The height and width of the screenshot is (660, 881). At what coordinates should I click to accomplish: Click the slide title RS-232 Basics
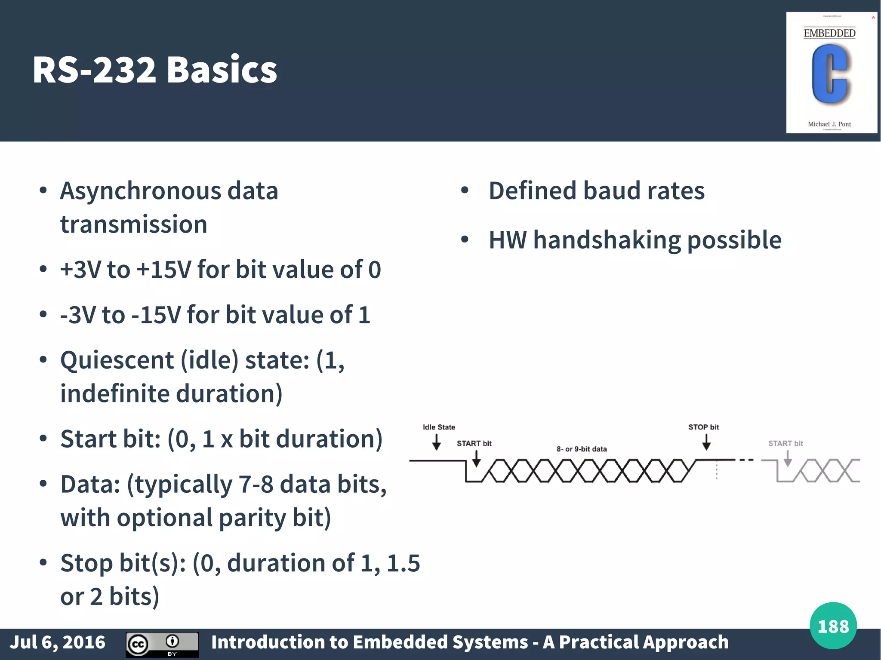pyautogui.click(x=155, y=70)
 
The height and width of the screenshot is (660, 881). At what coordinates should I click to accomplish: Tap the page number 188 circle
pyautogui.click(x=833, y=626)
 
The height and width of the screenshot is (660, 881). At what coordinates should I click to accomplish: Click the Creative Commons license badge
pyautogui.click(x=162, y=644)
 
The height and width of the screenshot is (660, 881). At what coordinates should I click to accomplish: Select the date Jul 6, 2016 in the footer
pyautogui.click(x=58, y=642)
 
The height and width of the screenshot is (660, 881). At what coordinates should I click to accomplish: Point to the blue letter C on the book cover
pyautogui.click(x=829, y=74)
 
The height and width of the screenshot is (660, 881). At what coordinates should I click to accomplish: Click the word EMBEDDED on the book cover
pyautogui.click(x=829, y=34)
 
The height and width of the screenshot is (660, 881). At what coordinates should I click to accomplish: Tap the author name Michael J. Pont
pyautogui.click(x=829, y=124)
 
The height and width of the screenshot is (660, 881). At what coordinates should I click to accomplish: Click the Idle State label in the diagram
pyautogui.click(x=439, y=427)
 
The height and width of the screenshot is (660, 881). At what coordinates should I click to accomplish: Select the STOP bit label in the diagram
pyautogui.click(x=703, y=427)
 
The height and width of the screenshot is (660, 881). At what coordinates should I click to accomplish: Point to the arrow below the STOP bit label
pyautogui.click(x=706, y=442)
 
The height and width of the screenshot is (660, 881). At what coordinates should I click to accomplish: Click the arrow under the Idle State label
pyautogui.click(x=436, y=442)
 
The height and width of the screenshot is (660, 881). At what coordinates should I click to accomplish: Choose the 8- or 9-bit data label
pyautogui.click(x=582, y=449)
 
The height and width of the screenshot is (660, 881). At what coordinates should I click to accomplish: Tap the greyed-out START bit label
pyautogui.click(x=786, y=443)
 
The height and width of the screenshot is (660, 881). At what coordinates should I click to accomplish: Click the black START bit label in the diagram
pyautogui.click(x=474, y=443)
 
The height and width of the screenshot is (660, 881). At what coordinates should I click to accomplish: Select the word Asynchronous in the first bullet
pyautogui.click(x=140, y=192)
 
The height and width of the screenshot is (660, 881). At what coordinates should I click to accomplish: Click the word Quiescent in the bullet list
pyautogui.click(x=117, y=360)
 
